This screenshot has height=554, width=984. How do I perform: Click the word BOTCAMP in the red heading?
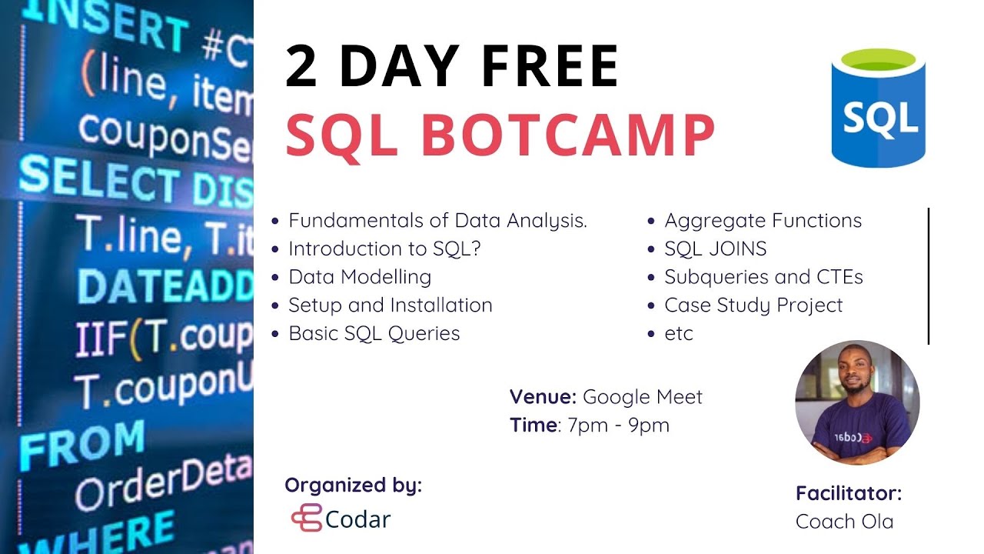pyautogui.click(x=568, y=134)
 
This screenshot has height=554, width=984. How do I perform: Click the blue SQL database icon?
pyautogui.click(x=879, y=108)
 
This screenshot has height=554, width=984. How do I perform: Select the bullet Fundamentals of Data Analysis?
pyautogui.click(x=437, y=221)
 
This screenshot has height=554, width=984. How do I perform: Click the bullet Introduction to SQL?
pyautogui.click(x=388, y=249)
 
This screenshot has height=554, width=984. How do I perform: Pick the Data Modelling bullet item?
pyautogui.click(x=359, y=277)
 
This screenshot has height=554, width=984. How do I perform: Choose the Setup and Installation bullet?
pyautogui.click(x=390, y=305)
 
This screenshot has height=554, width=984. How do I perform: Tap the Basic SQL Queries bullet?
pyautogui.click(x=374, y=333)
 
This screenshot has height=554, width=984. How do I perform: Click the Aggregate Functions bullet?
pyautogui.click(x=763, y=221)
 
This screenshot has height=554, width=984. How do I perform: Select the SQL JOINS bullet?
pyautogui.click(x=715, y=249)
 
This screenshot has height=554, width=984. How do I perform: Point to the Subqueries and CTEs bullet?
pyautogui.click(x=763, y=277)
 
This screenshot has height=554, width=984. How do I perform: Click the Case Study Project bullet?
pyautogui.click(x=753, y=305)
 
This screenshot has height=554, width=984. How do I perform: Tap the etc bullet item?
pyautogui.click(x=679, y=333)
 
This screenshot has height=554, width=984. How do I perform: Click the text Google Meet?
pyautogui.click(x=643, y=397)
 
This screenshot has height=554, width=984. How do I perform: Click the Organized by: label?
pyautogui.click(x=353, y=486)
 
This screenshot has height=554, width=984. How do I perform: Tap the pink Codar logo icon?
pyautogui.click(x=306, y=518)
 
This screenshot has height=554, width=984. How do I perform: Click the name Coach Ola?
pyautogui.click(x=844, y=522)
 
